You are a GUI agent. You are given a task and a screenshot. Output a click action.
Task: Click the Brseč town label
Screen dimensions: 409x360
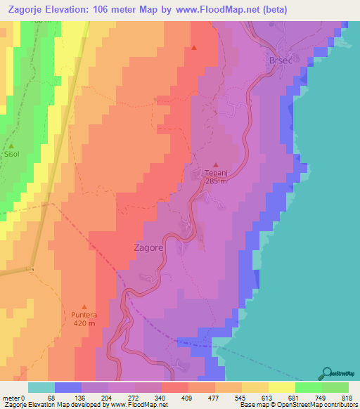(x=280, y=61)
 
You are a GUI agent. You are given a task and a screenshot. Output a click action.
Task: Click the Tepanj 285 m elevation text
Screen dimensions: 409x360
(x=216, y=179)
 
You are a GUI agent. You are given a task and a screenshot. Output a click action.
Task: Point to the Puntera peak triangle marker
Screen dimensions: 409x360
(x=85, y=306)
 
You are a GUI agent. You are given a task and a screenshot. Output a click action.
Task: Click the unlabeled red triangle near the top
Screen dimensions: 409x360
(x=194, y=48)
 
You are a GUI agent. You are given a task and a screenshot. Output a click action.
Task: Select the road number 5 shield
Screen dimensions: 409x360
(x=32, y=269)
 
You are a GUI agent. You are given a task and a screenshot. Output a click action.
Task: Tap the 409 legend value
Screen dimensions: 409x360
(x=188, y=398)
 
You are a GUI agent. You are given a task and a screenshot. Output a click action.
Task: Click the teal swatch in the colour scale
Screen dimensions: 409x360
(x=41, y=387)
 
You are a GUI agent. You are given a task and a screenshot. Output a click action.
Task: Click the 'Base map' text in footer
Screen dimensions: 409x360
(x=253, y=405)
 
